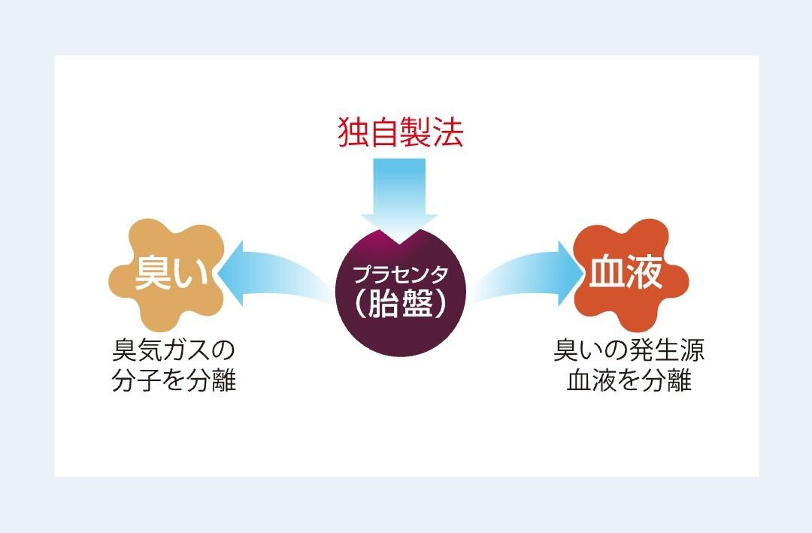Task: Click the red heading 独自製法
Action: click(400, 132)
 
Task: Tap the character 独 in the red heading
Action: click(353, 132)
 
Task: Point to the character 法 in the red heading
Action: click(447, 132)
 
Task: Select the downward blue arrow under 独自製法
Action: click(400, 199)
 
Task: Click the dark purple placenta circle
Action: click(400, 293)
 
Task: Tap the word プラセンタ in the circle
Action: click(400, 274)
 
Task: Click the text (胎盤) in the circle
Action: click(400, 304)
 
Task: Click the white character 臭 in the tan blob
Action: click(153, 272)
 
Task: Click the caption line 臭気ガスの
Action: click(174, 350)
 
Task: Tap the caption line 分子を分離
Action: click(174, 380)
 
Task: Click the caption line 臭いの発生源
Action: click(629, 350)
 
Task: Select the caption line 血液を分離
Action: click(629, 380)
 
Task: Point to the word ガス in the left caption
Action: click(187, 350)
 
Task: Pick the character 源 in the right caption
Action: click(692, 350)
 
